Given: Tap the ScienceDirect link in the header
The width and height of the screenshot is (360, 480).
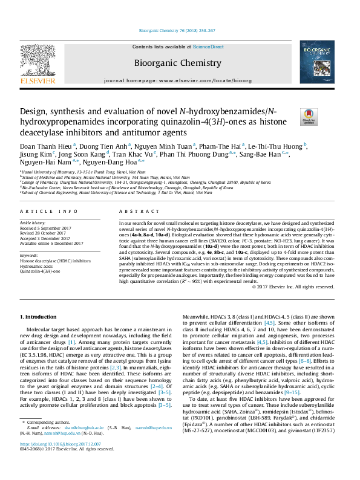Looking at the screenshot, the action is coord(208,47).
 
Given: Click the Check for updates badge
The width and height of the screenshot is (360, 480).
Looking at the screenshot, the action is coord(309,116).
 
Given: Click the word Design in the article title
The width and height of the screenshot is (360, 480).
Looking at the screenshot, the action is coord(34,112).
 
